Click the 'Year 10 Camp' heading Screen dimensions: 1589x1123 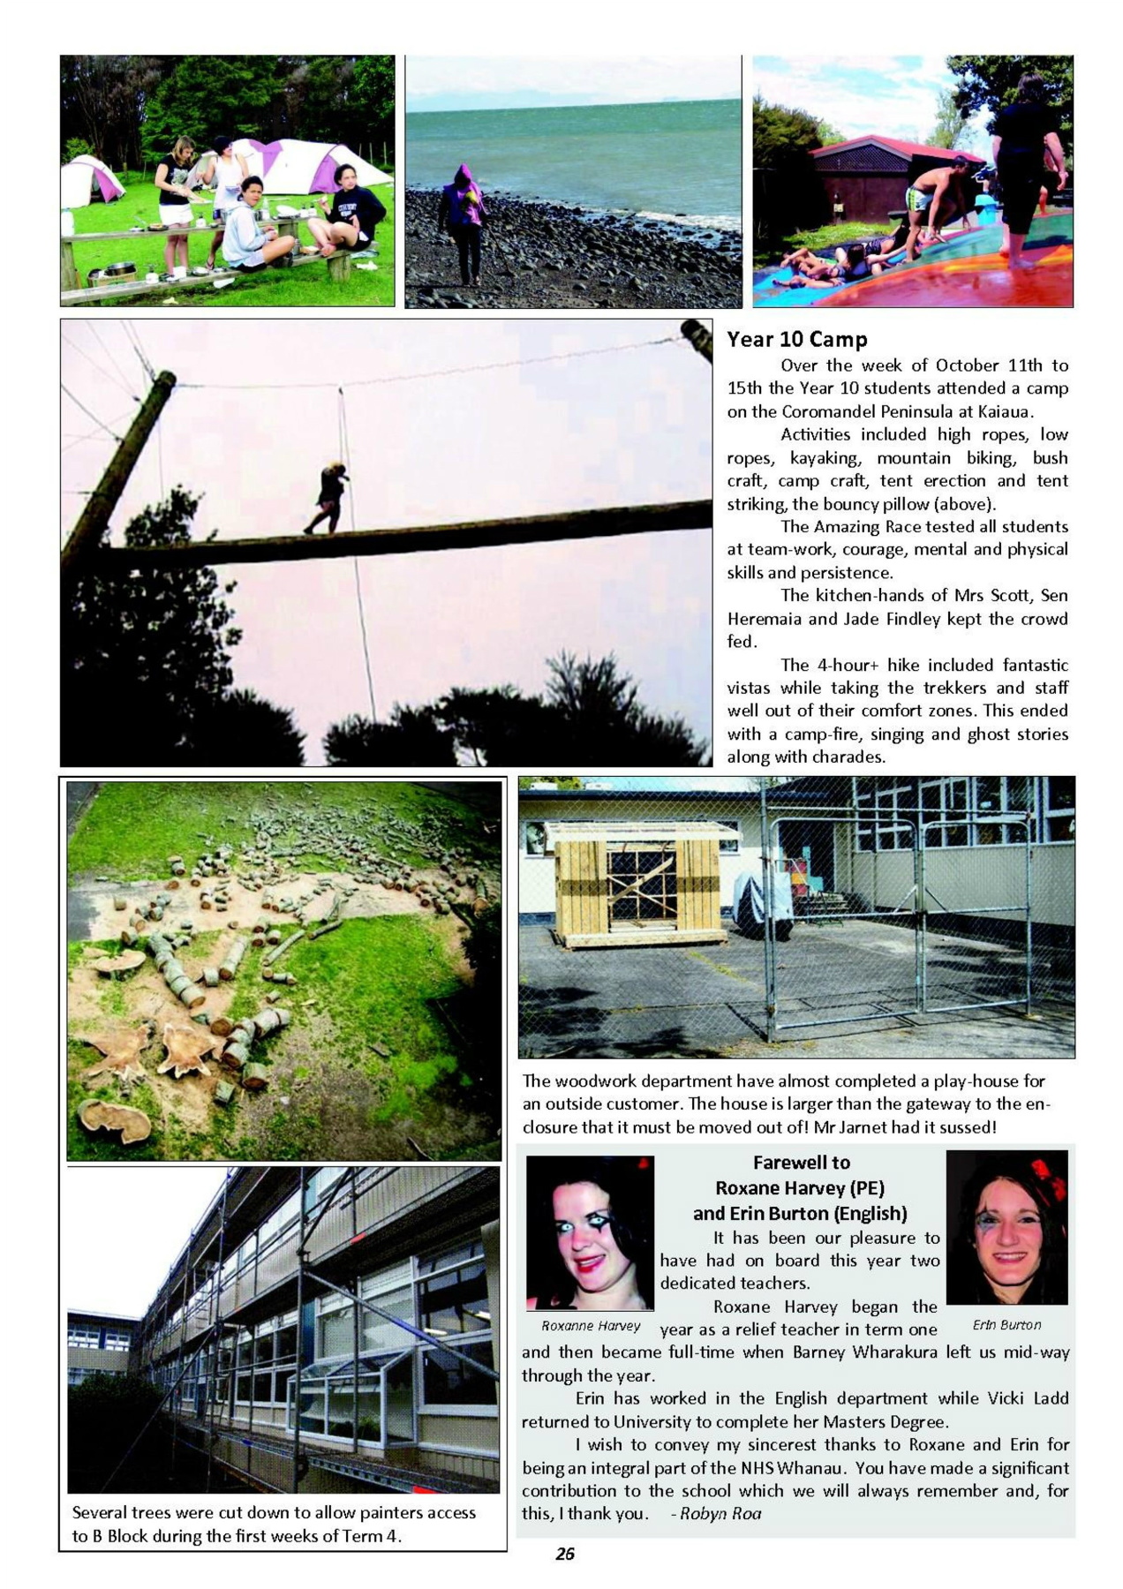click(x=796, y=339)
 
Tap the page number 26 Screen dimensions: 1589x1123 click(x=565, y=1554)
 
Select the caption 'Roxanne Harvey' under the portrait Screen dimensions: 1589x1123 click(x=591, y=1325)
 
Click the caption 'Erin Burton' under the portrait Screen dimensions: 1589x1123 click(x=1006, y=1324)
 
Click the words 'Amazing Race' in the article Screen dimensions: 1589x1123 click(x=865, y=527)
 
